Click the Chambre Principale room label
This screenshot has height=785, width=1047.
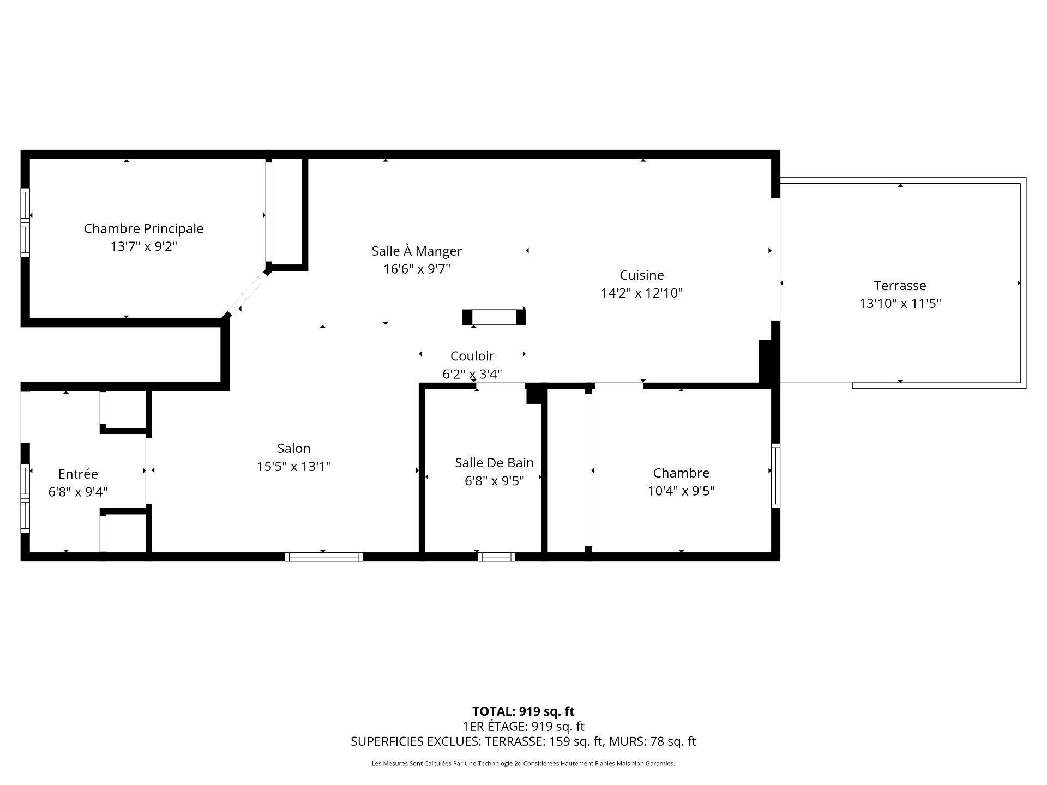pyautogui.click(x=143, y=228)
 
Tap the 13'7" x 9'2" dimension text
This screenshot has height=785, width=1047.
pyautogui.click(x=144, y=246)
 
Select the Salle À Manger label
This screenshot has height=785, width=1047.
pyautogui.click(x=417, y=251)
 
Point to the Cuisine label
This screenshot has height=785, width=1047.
pyautogui.click(x=641, y=275)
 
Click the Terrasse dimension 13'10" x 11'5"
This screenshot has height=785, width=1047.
pyautogui.click(x=900, y=303)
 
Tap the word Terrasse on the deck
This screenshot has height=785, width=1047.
pyautogui.click(x=900, y=285)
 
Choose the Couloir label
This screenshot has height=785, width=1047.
pyautogui.click(x=472, y=356)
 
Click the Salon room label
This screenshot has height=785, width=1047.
pyautogui.click(x=293, y=448)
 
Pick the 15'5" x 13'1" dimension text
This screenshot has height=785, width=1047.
pyautogui.click(x=294, y=466)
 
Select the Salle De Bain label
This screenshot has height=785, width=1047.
pyautogui.click(x=494, y=462)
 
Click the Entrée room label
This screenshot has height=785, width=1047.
pyautogui.click(x=78, y=474)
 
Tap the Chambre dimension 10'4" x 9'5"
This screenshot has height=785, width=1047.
pyautogui.click(x=681, y=491)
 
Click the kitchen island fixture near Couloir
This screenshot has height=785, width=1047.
pyautogui.click(x=494, y=317)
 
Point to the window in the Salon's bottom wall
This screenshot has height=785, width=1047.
pyautogui.click(x=323, y=557)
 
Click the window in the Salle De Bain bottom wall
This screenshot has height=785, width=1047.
pyautogui.click(x=496, y=557)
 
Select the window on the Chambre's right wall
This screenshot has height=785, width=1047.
pyautogui.click(x=775, y=475)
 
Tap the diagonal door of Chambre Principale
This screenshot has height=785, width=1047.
pyautogui.click(x=246, y=293)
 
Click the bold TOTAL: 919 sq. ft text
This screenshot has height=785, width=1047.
pyautogui.click(x=523, y=711)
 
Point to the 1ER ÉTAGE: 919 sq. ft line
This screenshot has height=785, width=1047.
pyautogui.click(x=523, y=726)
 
